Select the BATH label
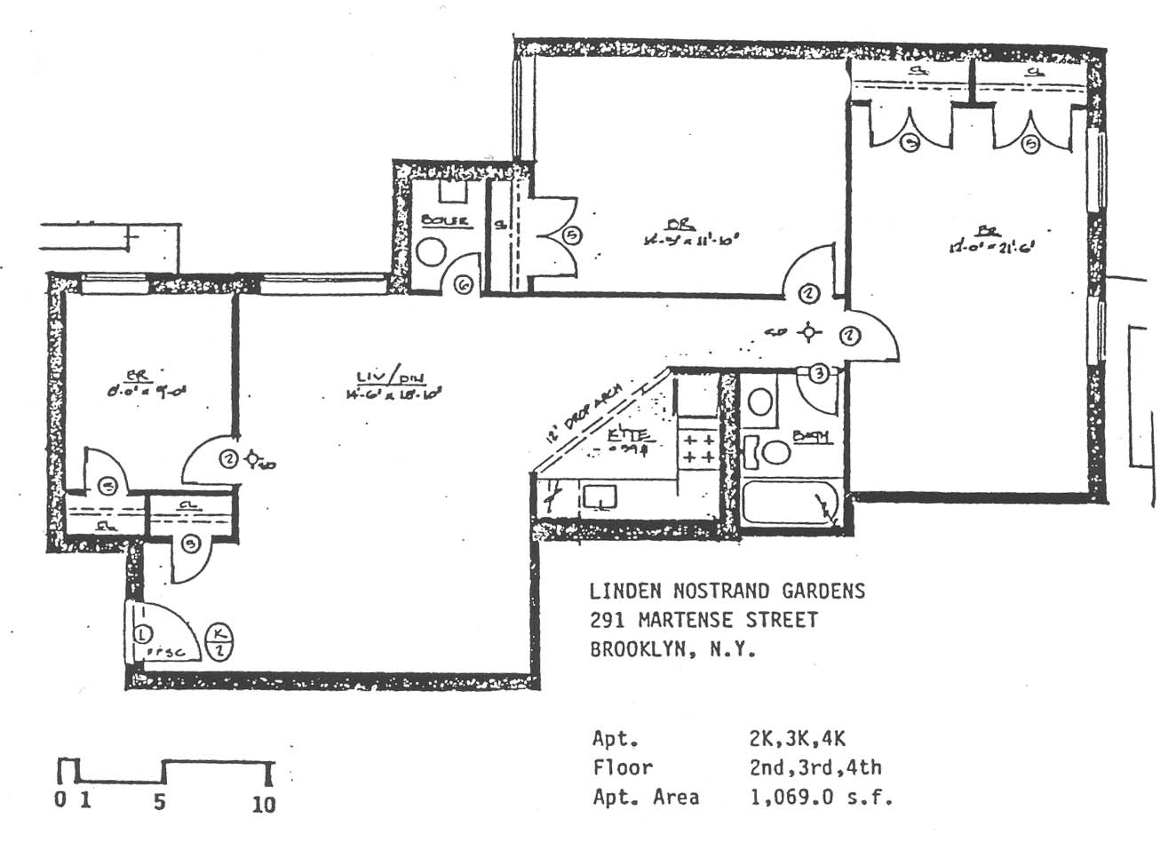[811, 436]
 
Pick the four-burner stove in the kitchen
[698, 448]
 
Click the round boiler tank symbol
[433, 251]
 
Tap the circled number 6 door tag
[464, 285]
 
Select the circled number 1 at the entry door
[142, 634]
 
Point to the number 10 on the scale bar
[264, 804]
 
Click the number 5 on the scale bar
[160, 802]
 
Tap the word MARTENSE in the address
[679, 620]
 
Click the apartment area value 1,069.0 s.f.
[821, 797]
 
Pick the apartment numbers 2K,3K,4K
[798, 738]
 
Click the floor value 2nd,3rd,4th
[815, 767]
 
